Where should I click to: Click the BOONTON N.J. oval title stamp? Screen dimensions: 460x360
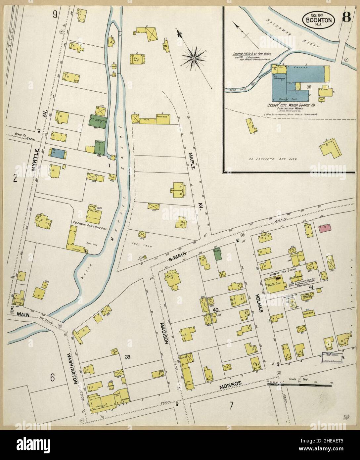point(318,20)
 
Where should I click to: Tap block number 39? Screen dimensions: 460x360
point(129,357)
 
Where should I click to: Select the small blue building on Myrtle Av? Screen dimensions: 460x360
point(59,153)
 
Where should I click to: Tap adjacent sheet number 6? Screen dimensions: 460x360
point(52,377)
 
